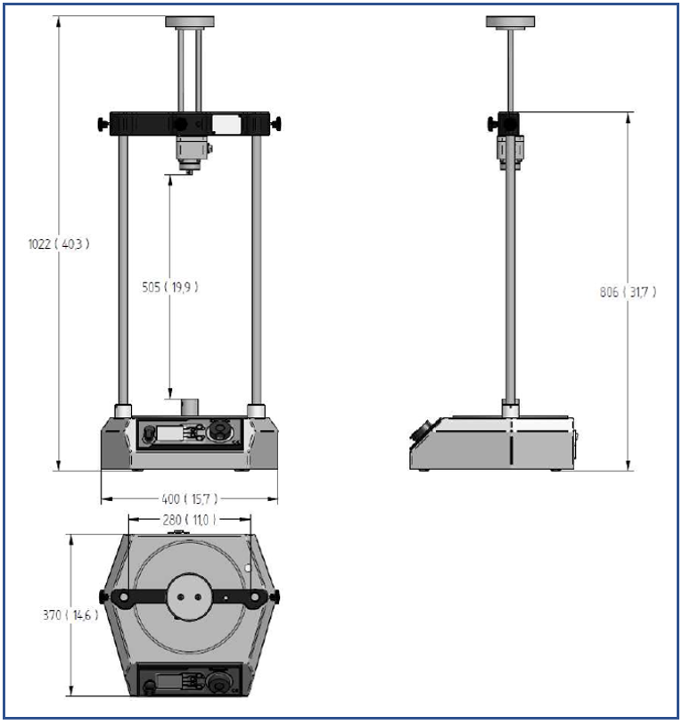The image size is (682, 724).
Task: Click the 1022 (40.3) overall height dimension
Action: click(60, 243)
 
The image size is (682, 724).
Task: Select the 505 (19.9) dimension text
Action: click(169, 287)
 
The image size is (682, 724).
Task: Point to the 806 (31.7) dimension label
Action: click(629, 291)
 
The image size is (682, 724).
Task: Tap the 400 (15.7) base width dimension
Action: click(188, 498)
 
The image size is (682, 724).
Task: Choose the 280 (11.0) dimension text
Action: click(190, 519)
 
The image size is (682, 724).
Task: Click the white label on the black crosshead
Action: click(227, 124)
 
